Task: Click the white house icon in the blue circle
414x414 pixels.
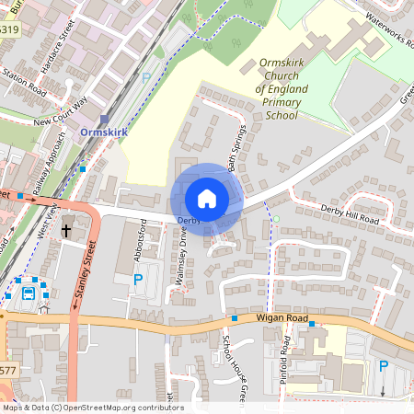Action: tap(207, 199)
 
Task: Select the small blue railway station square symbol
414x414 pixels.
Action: tap(105, 119)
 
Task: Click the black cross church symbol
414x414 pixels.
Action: tap(67, 227)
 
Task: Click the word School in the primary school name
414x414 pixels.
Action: tap(281, 116)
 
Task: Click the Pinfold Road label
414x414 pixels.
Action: tap(286, 358)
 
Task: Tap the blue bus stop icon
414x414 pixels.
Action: tap(29, 294)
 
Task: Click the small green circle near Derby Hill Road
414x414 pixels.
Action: tap(276, 218)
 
